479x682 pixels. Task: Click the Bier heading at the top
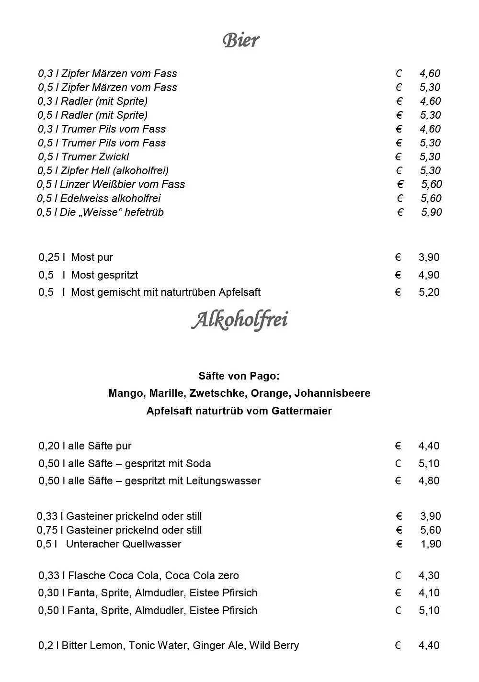click(241, 40)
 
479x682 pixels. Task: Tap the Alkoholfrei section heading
click(239, 320)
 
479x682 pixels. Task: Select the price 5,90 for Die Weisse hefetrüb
click(431, 212)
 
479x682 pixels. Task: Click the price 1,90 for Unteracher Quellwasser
click(430, 544)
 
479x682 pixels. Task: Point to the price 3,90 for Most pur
click(429, 257)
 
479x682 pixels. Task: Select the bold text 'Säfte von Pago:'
click(239, 376)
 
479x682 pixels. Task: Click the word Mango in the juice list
click(125, 393)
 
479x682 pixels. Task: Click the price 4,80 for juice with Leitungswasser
click(429, 481)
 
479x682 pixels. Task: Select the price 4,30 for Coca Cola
click(429, 575)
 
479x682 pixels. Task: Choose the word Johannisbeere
click(332, 393)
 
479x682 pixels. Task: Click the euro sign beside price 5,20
click(398, 292)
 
